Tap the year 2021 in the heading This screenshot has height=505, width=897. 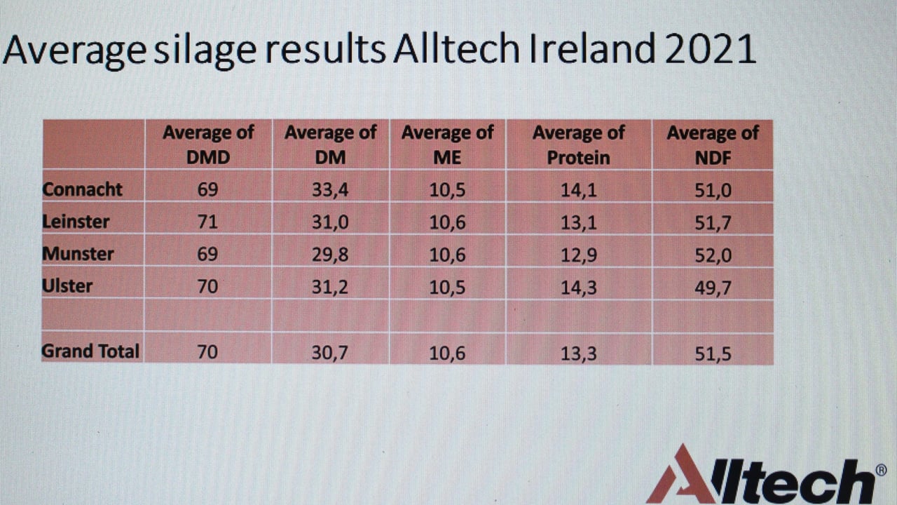coord(711,49)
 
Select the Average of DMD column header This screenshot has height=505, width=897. coord(208,144)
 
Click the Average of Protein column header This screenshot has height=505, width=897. coord(579,144)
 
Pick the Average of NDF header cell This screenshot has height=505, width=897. coord(713,145)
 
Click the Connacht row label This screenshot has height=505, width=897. coord(82,189)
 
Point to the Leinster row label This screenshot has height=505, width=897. coord(76,222)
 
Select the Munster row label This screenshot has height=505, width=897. coord(78,254)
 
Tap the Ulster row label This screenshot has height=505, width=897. coord(67,286)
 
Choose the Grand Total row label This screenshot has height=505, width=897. coord(90,351)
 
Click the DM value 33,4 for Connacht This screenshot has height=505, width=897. coord(330,190)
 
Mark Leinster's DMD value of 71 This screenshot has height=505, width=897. coord(208,222)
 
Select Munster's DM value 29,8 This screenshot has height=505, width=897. coord(330,255)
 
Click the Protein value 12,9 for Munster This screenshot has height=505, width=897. coord(579,255)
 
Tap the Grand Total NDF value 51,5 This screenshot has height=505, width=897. coord(713,353)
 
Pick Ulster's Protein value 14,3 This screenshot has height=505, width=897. coord(579,288)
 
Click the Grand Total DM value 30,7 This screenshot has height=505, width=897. coord(329,353)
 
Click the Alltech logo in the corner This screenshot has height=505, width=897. coord(766,474)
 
